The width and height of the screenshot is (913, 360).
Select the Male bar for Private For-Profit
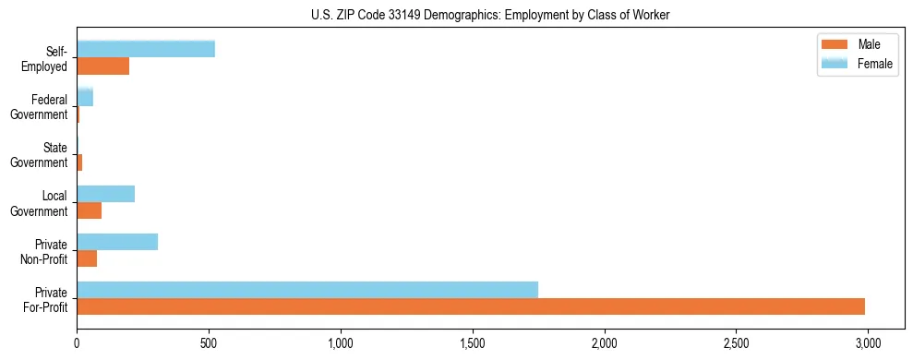point(471,306)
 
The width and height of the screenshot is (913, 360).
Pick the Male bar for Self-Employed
point(103,66)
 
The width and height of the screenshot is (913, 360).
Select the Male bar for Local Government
point(90,210)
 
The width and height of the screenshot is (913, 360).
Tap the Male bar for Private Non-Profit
point(87,258)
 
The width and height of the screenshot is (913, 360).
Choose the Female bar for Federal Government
point(85,97)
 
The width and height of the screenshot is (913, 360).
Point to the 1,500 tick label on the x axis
point(473,343)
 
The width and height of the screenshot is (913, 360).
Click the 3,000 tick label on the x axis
point(868,343)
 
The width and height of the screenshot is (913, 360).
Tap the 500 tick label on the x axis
point(209,343)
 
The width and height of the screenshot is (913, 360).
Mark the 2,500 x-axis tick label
point(736,343)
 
